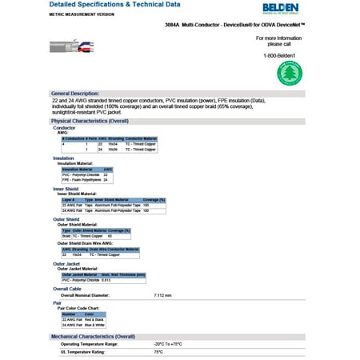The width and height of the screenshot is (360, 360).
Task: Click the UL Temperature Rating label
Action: (x=84, y=351)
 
